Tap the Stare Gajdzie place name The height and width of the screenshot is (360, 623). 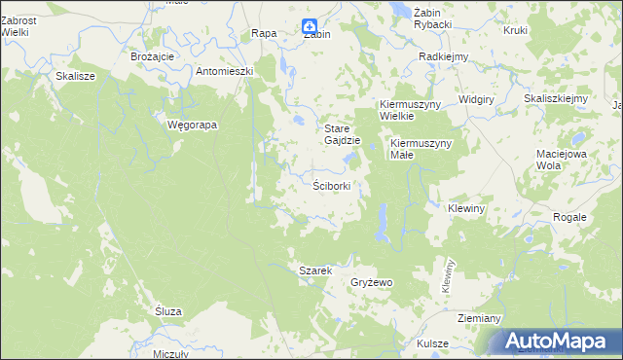[x=343, y=134]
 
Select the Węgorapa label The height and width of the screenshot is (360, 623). [x=192, y=126]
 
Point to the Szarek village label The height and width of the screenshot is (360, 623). [x=316, y=270]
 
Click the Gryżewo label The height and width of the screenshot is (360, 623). [x=371, y=282]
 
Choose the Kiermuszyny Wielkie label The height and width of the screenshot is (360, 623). [x=411, y=110]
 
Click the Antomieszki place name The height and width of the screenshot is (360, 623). [x=225, y=71]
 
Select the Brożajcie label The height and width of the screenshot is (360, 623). [x=152, y=56]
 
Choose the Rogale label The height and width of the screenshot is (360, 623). [x=569, y=217]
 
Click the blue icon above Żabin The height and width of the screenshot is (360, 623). [x=309, y=26]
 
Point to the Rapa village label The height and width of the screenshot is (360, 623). [x=264, y=33]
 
